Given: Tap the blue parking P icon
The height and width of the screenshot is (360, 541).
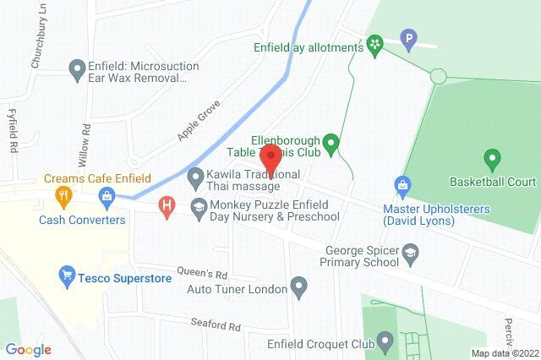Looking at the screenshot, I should (410, 38).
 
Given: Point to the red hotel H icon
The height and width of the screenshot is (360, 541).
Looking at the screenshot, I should (167, 205).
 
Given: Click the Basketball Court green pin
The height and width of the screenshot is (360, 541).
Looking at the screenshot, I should (491, 157).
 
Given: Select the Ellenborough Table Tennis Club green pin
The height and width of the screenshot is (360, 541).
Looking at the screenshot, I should (332, 144).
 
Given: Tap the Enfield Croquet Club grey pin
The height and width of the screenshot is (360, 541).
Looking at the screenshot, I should (385, 341).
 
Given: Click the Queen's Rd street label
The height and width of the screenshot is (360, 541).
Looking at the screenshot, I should (203, 274).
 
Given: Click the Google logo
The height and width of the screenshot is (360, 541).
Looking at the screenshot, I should (27, 349).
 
